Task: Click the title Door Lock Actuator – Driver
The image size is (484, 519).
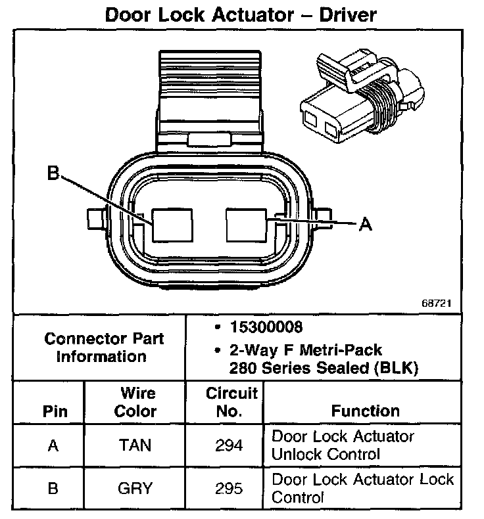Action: point(241,14)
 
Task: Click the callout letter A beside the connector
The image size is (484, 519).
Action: point(366,225)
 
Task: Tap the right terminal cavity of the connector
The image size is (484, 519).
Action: point(245,226)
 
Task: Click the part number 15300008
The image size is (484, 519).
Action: point(258,327)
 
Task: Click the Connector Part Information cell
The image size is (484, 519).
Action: point(104,348)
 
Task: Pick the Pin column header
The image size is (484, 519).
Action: point(55,412)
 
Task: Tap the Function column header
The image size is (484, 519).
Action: point(365,411)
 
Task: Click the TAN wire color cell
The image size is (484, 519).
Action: point(135,446)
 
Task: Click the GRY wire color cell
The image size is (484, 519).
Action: point(135,488)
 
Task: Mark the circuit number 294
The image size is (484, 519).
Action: point(230,446)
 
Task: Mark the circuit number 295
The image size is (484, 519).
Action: point(230,488)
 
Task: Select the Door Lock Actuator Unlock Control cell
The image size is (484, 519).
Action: point(343,445)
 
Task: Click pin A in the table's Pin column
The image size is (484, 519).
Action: point(53,446)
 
